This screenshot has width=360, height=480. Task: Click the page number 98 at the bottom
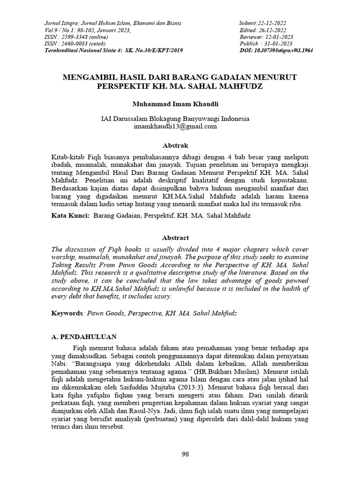point(185,454)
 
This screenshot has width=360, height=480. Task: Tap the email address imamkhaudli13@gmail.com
point(175,126)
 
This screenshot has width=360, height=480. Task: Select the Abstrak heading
point(175,146)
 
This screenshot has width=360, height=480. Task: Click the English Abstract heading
point(175,238)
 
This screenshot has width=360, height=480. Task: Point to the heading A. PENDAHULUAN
point(83,337)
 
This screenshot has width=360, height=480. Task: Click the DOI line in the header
point(276,50)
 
